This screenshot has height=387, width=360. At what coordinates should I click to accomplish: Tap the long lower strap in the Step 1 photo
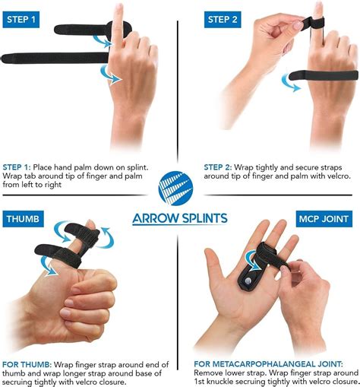[x=53, y=57]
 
